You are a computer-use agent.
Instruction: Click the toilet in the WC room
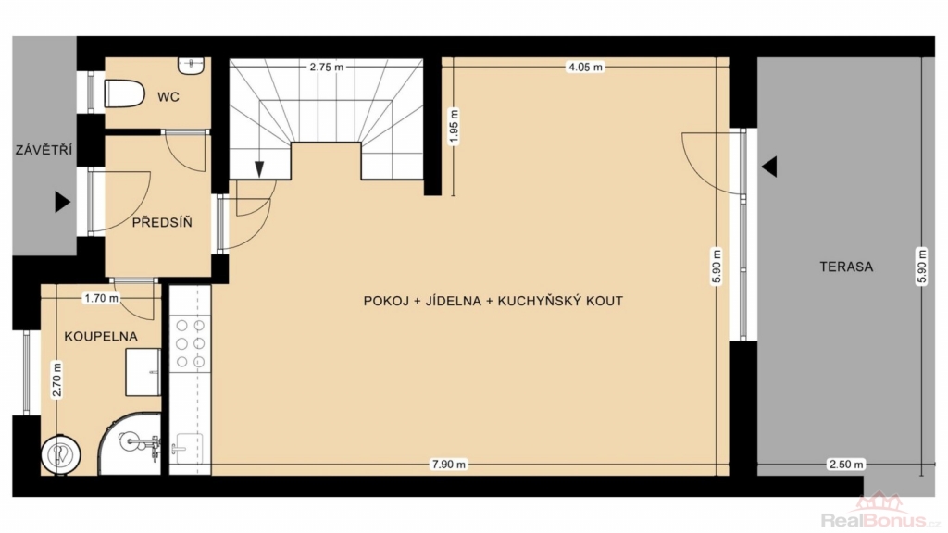[125, 94]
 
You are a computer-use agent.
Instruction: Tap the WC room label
[168, 96]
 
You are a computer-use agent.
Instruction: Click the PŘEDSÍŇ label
[162, 222]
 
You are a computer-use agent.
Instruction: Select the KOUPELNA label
[101, 337]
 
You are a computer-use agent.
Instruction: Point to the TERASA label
[846, 266]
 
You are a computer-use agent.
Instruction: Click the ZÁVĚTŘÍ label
[44, 149]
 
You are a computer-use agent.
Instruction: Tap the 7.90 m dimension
[449, 465]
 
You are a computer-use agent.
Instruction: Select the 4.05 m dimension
[585, 67]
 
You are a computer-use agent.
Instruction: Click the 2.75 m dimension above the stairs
[327, 67]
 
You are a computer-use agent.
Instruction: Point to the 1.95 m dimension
[455, 126]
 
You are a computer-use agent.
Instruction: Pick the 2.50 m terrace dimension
[846, 465]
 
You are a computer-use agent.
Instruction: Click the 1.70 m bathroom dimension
[102, 298]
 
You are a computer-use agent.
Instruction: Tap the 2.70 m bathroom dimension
[57, 379]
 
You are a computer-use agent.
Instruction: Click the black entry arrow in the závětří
[63, 202]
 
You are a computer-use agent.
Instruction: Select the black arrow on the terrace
[769, 167]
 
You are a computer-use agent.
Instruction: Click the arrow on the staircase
[259, 161]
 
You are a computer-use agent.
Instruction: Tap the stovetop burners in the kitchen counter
[190, 343]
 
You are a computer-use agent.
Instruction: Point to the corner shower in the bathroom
[131, 444]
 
